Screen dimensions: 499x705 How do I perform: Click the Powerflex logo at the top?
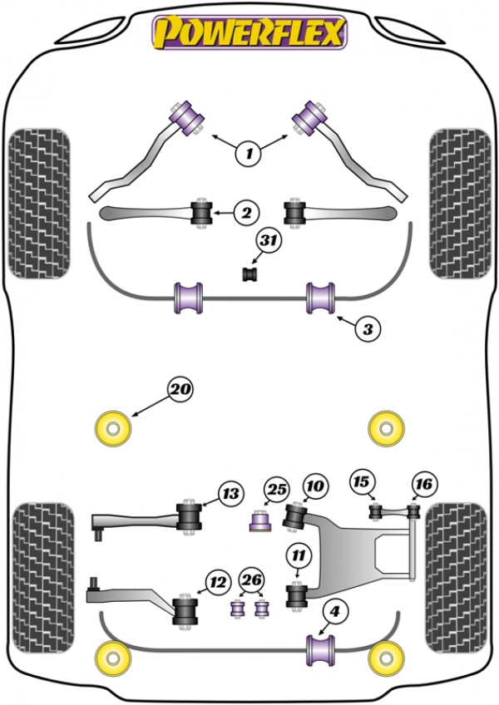pyautogui.click(x=249, y=32)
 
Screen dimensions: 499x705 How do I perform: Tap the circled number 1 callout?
pyautogui.click(x=249, y=153)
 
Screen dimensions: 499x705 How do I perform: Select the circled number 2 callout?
pyautogui.click(x=246, y=213)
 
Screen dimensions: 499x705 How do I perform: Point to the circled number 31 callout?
pyautogui.click(x=269, y=240)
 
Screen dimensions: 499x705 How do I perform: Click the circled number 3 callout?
pyautogui.click(x=368, y=328)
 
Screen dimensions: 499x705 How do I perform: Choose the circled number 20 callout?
pyautogui.click(x=180, y=389)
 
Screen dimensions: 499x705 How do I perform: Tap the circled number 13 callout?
pyautogui.click(x=231, y=494)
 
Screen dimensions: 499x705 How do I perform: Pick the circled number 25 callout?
pyautogui.click(x=277, y=489)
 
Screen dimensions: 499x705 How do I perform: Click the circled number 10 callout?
pyautogui.click(x=315, y=486)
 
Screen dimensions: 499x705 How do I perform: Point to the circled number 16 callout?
pyautogui.click(x=424, y=484)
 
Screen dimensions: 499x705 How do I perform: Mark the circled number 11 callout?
pyautogui.click(x=299, y=555)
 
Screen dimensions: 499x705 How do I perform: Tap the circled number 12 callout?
pyautogui.click(x=218, y=583)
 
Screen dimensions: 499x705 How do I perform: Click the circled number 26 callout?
pyautogui.click(x=251, y=580)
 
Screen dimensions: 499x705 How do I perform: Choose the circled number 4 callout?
pyautogui.click(x=335, y=612)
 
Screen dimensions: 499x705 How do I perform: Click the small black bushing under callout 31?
pyautogui.click(x=250, y=274)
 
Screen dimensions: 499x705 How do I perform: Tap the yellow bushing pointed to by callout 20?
pyautogui.click(x=113, y=429)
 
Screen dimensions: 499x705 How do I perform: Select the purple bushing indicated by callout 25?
pyautogui.click(x=260, y=520)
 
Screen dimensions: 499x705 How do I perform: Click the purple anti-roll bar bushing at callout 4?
pyautogui.click(x=320, y=650)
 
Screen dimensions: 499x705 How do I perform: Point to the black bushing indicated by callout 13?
pyautogui.click(x=189, y=516)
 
